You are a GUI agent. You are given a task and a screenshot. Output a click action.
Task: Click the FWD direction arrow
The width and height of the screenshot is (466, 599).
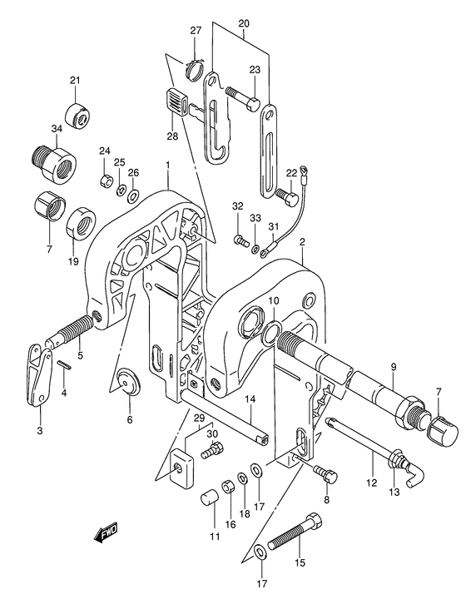point(106,532)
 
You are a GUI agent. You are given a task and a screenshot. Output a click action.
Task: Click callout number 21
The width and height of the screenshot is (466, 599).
point(75,81)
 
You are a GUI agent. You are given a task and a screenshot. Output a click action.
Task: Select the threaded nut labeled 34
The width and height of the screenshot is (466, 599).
point(53,164)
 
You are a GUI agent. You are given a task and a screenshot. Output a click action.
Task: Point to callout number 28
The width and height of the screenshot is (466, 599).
point(172,136)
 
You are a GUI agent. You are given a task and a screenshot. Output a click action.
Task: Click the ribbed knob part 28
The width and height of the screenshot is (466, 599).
point(177,101)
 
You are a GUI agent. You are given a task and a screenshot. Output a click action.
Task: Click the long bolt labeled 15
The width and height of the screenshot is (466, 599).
point(295,531)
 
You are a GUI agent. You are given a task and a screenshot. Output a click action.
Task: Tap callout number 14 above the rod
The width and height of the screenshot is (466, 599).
point(250,399)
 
